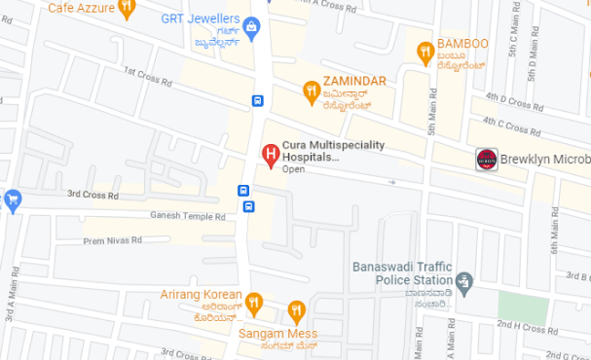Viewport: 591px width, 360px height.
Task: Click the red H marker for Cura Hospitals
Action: (271, 153)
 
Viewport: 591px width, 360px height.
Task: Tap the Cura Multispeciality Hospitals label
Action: (333, 151)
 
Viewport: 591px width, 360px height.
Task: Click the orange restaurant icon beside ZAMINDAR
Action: (311, 90)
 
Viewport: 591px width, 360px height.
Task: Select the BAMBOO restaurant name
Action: (462, 45)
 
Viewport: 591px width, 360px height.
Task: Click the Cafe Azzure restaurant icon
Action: (128, 9)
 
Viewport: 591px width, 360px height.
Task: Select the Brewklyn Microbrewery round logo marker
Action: (486, 160)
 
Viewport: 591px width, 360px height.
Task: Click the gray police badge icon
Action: (464, 284)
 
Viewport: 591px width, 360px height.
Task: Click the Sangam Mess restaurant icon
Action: (297, 311)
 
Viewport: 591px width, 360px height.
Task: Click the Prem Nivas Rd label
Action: (112, 239)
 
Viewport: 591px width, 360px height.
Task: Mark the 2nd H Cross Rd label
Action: (524, 327)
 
